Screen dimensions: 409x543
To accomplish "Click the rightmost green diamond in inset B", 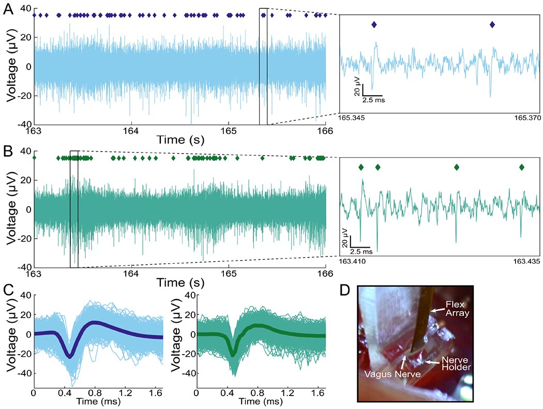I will [521, 167].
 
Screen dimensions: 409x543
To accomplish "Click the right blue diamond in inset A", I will [492, 25].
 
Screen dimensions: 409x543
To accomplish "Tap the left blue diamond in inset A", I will [374, 25].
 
